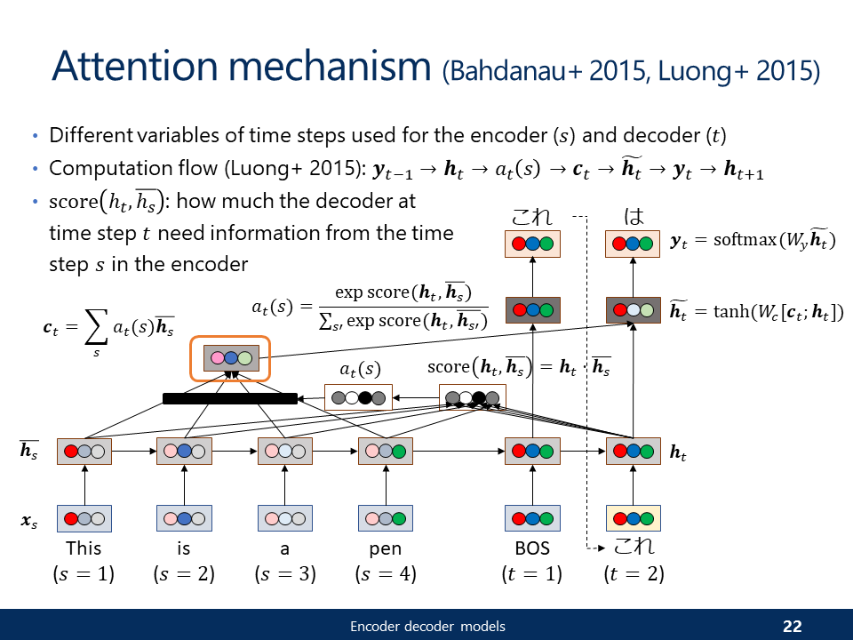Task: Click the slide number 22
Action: tap(792, 627)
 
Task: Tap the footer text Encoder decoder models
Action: tap(427, 627)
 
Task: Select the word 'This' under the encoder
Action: tap(84, 548)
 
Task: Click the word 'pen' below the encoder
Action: tap(385, 548)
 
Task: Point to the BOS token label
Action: tap(532, 548)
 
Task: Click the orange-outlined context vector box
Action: tap(231, 358)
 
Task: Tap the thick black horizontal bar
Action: tap(229, 398)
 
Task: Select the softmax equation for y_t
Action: tap(752, 241)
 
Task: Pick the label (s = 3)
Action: tap(285, 574)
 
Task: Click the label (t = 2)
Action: tap(634, 574)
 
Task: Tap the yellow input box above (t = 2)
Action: tap(634, 518)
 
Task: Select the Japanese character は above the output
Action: tap(634, 217)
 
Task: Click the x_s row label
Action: tap(29, 518)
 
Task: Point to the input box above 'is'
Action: tap(184, 518)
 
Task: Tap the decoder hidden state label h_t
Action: tap(677, 452)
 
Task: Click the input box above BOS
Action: tap(532, 518)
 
